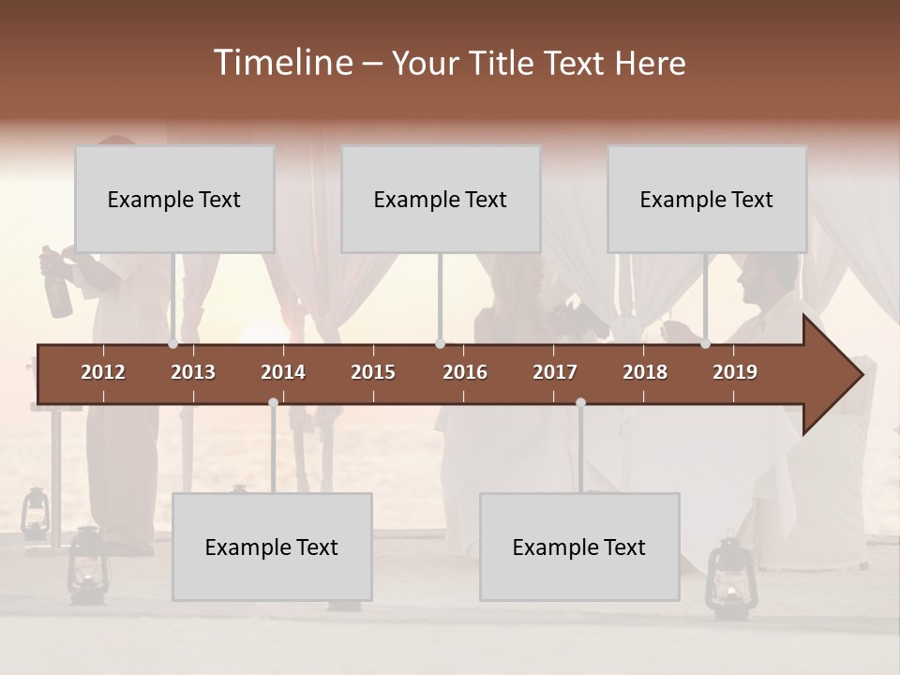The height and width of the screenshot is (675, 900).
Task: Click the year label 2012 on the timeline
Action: pos(103,372)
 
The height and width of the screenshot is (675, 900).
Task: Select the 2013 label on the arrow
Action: pos(193,372)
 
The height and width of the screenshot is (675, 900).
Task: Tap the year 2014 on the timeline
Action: pos(283,372)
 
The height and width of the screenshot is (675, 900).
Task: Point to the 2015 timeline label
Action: pos(373,372)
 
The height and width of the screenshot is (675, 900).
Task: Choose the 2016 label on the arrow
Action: pos(465,372)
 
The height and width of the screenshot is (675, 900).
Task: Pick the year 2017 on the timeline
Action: pos(555,372)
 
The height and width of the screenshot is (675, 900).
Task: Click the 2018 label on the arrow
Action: pos(645,372)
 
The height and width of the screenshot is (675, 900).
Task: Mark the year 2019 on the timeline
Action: pos(735,372)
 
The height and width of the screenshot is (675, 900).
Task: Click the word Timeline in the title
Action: pos(282,63)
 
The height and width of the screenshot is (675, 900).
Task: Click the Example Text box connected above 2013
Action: pos(174,199)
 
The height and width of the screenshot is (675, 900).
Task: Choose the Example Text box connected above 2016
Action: pos(441,199)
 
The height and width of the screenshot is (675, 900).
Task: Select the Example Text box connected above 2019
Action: pos(707,199)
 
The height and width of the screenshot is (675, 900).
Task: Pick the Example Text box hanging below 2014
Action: pos(272,547)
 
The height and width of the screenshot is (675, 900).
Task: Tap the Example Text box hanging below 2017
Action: pos(579,547)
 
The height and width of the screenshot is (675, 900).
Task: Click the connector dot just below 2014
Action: pos(273,403)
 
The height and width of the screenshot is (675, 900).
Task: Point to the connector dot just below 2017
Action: pos(580,403)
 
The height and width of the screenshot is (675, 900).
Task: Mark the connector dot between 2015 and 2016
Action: pos(440,344)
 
